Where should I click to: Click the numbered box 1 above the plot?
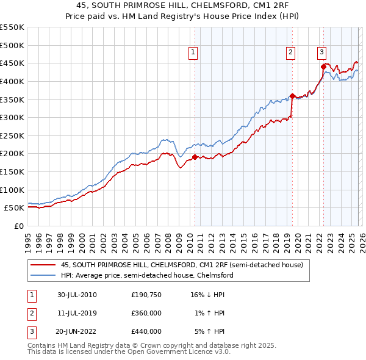tap(193, 53)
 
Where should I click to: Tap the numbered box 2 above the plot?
tap(291, 53)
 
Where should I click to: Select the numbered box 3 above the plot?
tap(321, 53)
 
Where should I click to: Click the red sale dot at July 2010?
tap(195, 157)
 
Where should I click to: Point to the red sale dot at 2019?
tap(292, 96)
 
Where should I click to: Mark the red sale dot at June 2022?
tap(323, 67)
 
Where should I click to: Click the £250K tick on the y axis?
tap(12, 135)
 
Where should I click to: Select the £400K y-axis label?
tap(12, 81)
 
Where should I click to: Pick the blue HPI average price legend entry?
tap(146, 275)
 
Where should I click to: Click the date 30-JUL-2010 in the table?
tap(77, 295)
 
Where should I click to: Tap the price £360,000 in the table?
tap(146, 313)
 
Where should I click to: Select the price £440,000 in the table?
tap(146, 331)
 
